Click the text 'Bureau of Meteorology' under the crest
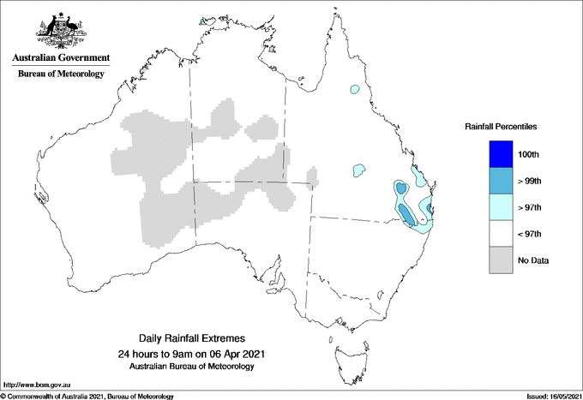click(x=61, y=75)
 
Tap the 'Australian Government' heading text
click(x=61, y=58)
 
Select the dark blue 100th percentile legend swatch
click(x=496, y=154)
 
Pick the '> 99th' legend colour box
click(x=496, y=181)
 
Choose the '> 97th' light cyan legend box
click(x=496, y=207)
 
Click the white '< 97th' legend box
click(x=496, y=234)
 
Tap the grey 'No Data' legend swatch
click(x=496, y=260)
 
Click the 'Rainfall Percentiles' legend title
click(x=501, y=126)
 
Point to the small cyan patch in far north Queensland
click(x=353, y=89)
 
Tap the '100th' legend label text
click(x=528, y=155)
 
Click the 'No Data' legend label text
click(x=532, y=260)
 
